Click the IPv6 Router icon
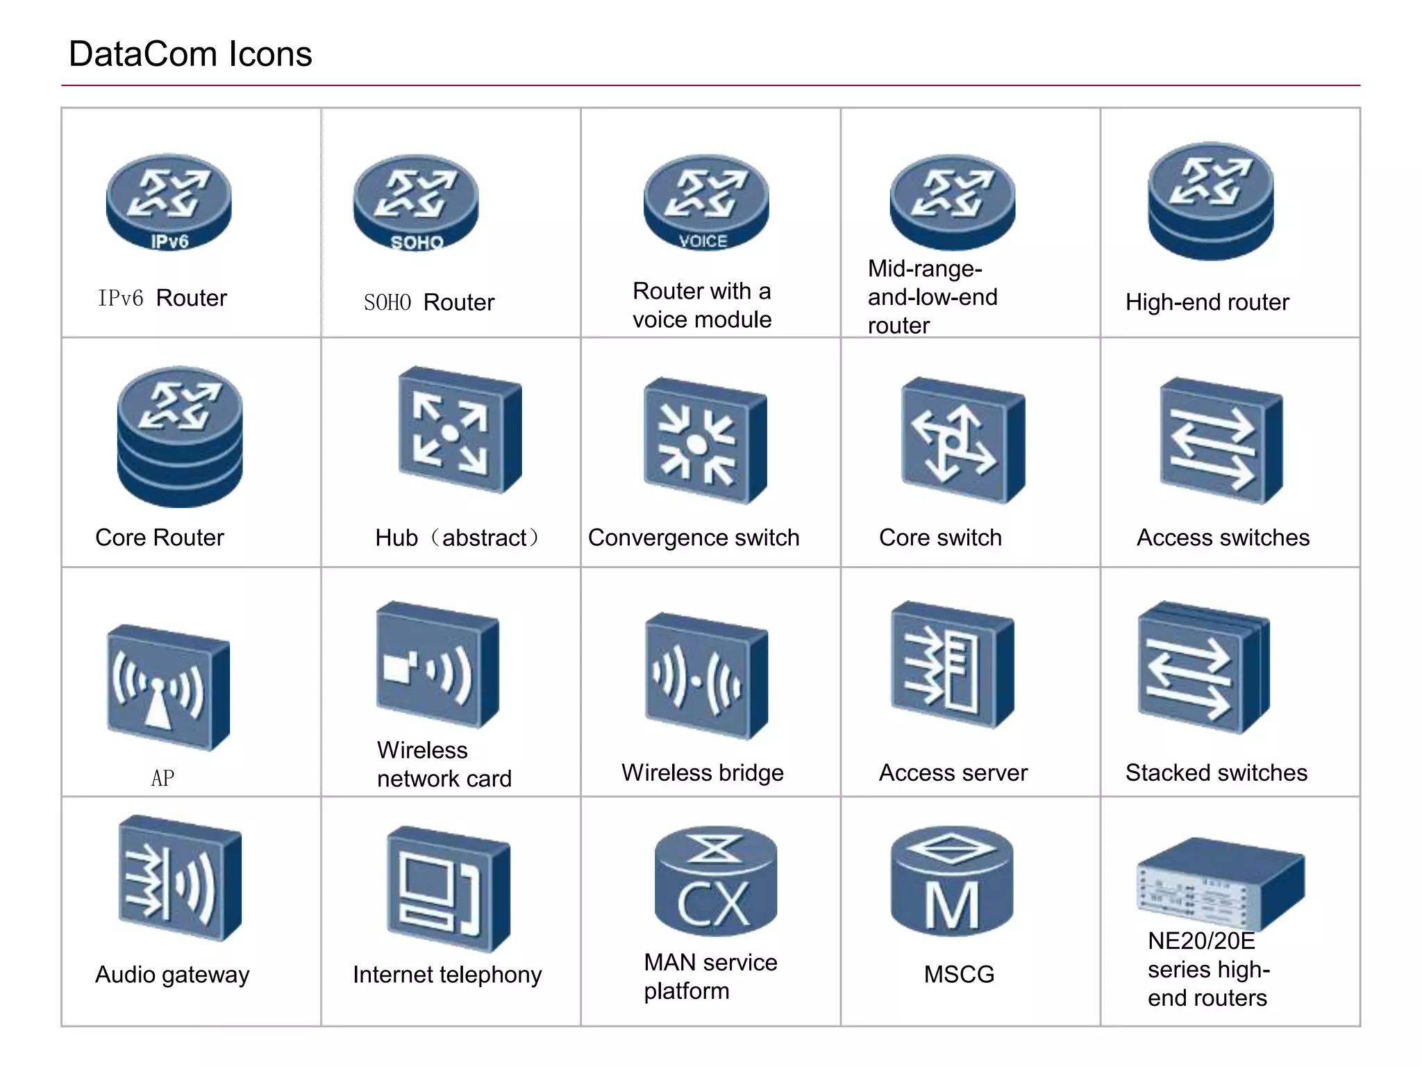pos(169,201)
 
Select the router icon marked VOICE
pos(706,202)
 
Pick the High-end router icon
pos(1211,201)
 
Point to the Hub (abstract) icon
pos(459,430)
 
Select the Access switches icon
pos(1221,440)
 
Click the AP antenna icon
pos(167,687)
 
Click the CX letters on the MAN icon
pos(714,904)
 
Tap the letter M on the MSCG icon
pos(952,905)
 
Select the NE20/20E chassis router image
pos(1220,883)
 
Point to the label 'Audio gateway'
pos(172,975)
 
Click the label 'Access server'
pos(953,772)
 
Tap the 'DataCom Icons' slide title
pos(190,54)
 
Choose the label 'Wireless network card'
pos(444,764)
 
